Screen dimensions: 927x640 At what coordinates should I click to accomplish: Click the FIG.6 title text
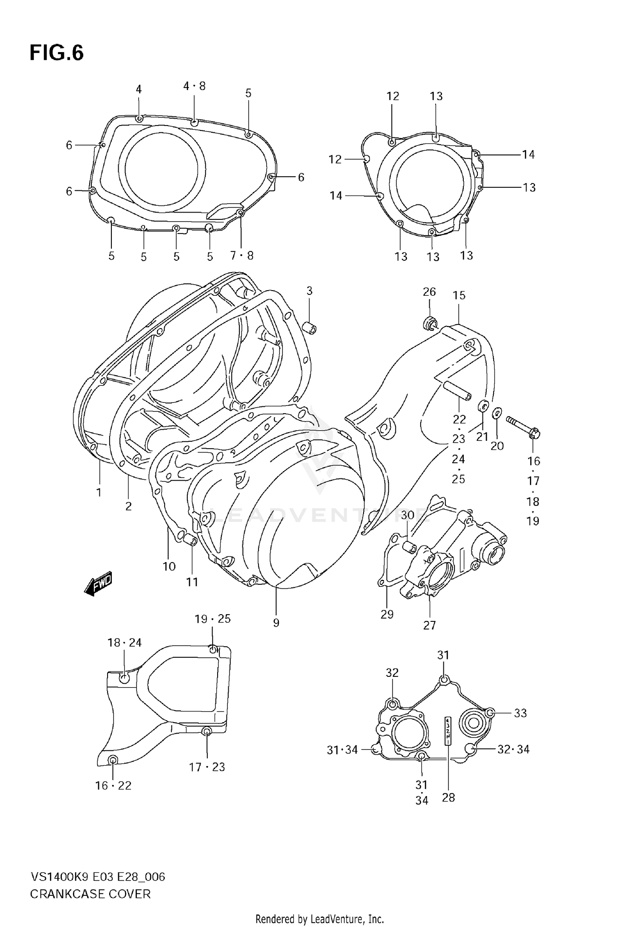(56, 53)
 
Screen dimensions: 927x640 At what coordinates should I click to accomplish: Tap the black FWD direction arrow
(99, 583)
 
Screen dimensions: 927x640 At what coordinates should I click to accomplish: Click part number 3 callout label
(309, 291)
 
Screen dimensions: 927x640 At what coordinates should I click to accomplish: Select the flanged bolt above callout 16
(523, 426)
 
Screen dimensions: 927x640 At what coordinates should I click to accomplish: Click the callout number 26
(429, 292)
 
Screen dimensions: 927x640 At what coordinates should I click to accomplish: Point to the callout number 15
(459, 295)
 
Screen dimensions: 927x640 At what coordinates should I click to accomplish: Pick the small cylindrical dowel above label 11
(189, 539)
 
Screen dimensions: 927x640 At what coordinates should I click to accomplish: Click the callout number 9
(276, 623)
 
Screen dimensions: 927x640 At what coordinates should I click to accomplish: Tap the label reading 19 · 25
(212, 619)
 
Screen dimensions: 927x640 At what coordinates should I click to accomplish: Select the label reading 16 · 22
(113, 786)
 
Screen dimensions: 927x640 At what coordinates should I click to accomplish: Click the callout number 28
(448, 798)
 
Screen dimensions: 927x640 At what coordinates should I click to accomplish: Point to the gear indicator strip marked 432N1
(447, 731)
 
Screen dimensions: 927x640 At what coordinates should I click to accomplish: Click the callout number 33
(520, 713)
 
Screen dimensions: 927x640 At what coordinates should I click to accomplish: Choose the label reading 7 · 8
(241, 256)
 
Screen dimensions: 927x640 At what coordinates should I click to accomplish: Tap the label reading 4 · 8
(194, 86)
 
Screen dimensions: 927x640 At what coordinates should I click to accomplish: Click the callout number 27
(429, 625)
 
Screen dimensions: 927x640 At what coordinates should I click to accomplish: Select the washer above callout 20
(497, 413)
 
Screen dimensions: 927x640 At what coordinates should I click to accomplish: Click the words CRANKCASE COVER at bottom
(90, 894)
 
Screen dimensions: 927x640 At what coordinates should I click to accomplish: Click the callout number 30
(407, 515)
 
